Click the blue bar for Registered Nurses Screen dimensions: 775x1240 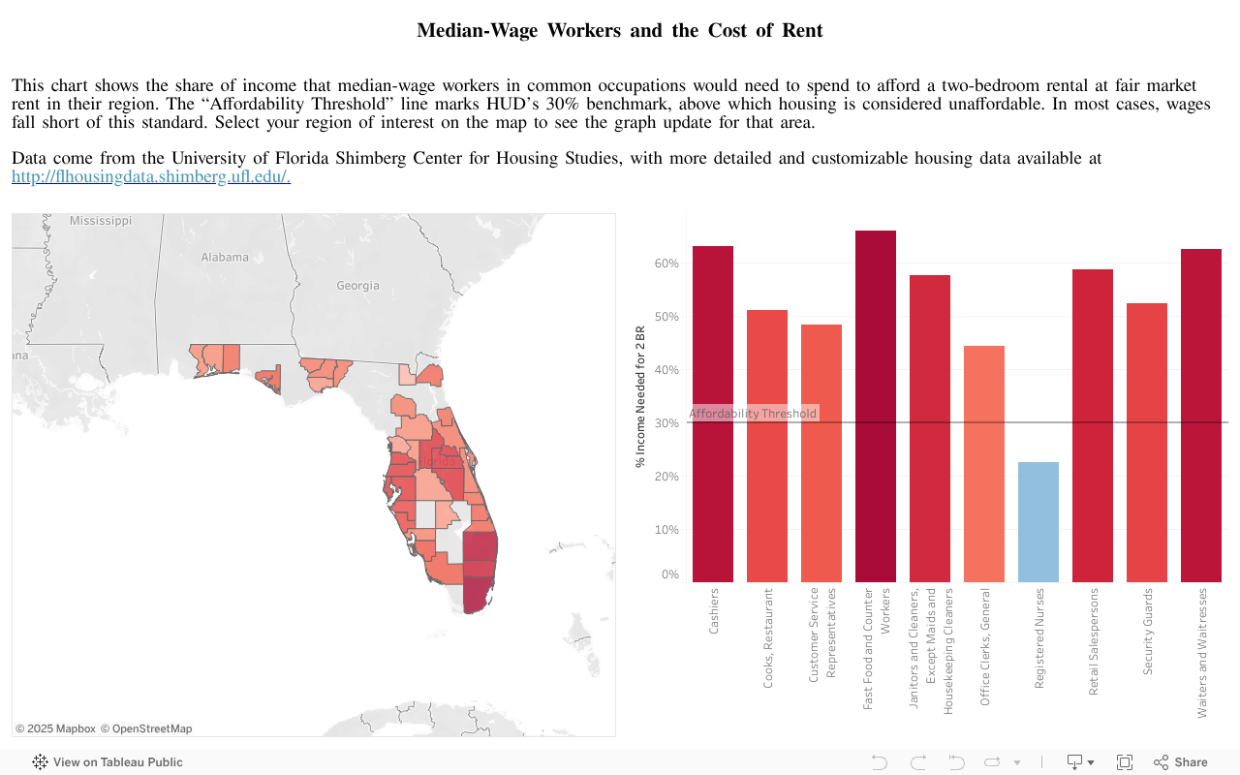point(1038,522)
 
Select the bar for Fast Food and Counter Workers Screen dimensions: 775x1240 point(876,407)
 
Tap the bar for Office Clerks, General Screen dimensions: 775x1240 point(984,464)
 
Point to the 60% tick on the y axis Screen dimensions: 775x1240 point(667,263)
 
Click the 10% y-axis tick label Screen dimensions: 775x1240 point(667,530)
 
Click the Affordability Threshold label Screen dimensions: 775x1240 point(753,414)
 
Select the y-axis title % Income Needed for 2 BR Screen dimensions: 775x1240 point(640,397)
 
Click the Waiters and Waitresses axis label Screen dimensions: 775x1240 point(1202,652)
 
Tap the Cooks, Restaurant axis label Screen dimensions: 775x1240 point(768,637)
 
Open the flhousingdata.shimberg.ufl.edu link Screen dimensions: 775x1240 point(151,176)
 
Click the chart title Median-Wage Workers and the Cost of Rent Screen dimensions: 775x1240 point(620,30)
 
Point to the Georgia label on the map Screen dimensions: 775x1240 point(357,286)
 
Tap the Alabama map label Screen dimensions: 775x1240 point(225,258)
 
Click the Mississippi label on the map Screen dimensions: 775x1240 point(101,221)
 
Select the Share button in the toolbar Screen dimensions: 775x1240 point(1181,762)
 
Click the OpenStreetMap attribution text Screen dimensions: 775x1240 point(146,728)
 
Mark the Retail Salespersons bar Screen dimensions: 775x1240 point(1093,426)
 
